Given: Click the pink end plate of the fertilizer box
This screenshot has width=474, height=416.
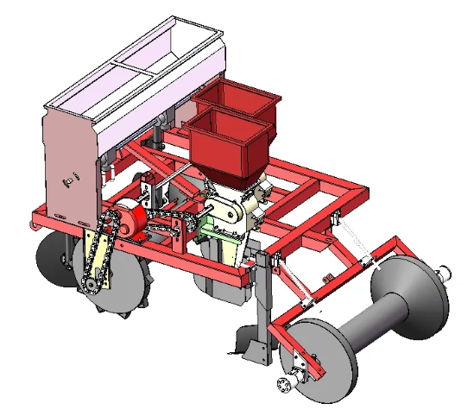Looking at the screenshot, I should tap(66, 164).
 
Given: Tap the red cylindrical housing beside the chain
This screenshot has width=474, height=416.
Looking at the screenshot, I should tap(130, 220).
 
